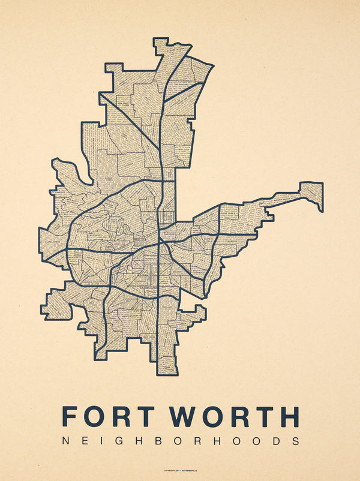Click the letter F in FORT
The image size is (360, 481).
pos(71,416)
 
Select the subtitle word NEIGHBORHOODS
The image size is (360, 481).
pos(180,441)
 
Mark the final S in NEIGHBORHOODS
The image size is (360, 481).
pos(294,441)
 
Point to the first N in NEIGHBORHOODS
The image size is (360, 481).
pos(66,441)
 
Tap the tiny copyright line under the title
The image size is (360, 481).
pos(180,470)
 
